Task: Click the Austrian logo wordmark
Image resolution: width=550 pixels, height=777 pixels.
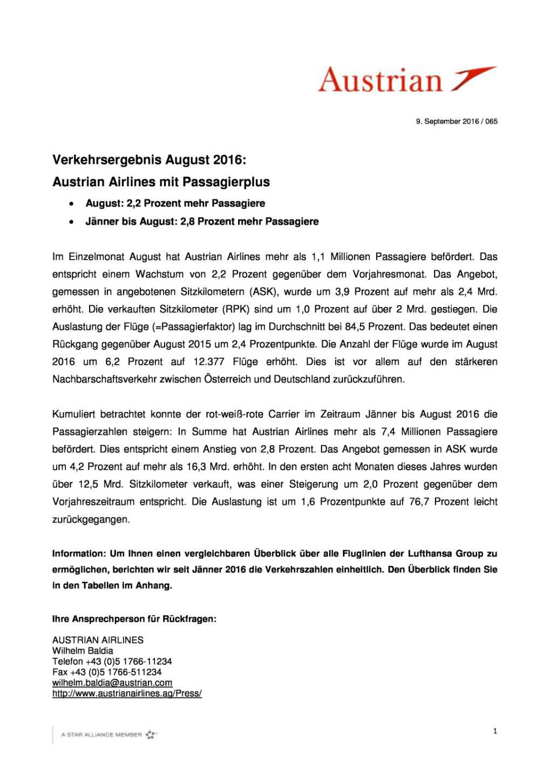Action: tap(380, 80)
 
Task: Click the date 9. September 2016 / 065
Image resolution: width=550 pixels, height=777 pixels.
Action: tap(456, 121)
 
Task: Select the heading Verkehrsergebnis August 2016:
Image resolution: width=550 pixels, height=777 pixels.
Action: tap(149, 160)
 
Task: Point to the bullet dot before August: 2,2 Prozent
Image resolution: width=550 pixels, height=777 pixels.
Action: tap(71, 204)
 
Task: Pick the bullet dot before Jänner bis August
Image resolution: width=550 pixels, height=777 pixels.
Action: tap(71, 222)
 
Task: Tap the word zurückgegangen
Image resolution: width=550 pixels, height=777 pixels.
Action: tap(91, 520)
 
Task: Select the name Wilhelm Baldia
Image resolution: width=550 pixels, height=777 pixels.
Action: tap(83, 651)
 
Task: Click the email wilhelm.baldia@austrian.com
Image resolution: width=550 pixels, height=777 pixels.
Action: tap(112, 683)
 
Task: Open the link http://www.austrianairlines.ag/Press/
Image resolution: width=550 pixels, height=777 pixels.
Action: tap(127, 693)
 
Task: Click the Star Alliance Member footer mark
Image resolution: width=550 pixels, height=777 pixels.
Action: tap(108, 734)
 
